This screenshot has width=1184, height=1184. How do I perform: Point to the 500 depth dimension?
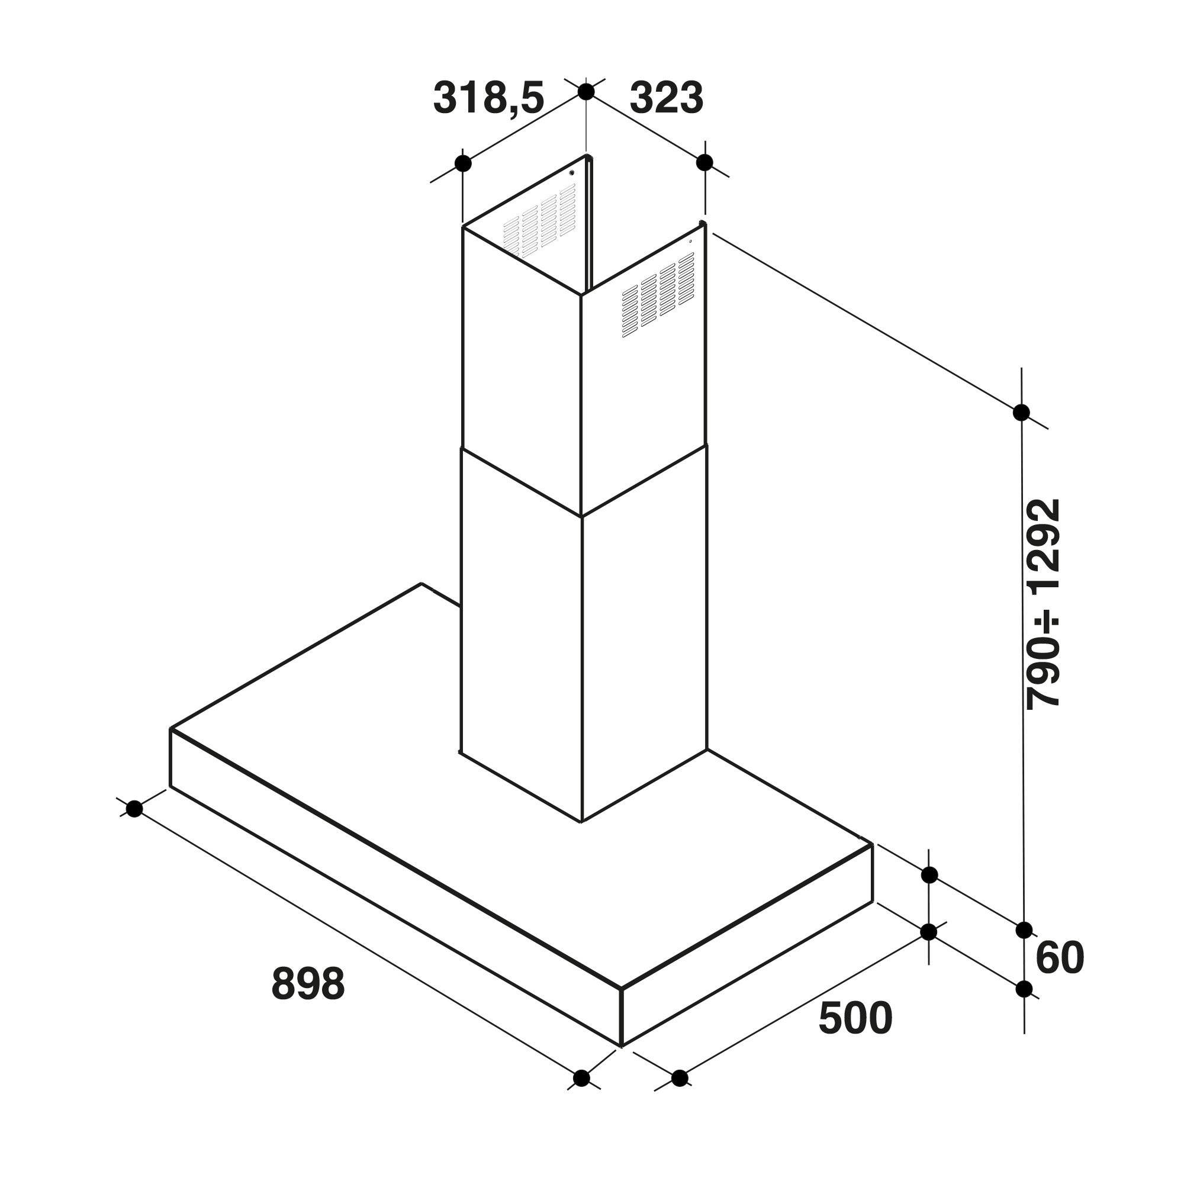(855, 1019)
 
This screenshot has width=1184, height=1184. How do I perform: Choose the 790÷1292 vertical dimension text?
(1043, 604)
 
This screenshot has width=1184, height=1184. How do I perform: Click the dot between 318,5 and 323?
(586, 92)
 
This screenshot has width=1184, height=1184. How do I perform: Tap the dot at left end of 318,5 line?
(464, 163)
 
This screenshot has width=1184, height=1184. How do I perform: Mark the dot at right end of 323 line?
(704, 162)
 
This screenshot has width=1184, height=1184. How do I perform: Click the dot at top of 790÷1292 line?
(1021, 413)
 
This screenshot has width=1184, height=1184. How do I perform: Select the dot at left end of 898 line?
(134, 809)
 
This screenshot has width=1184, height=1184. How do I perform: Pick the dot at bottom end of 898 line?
(581, 1078)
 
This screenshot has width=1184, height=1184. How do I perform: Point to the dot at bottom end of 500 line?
(680, 1078)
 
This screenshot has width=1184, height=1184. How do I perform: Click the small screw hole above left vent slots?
(571, 173)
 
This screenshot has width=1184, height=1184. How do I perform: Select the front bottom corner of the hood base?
(621, 1046)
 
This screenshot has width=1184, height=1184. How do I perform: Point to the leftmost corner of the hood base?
(170, 729)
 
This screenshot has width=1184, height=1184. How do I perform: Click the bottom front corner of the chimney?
(581, 822)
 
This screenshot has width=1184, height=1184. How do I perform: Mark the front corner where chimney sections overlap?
(581, 516)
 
